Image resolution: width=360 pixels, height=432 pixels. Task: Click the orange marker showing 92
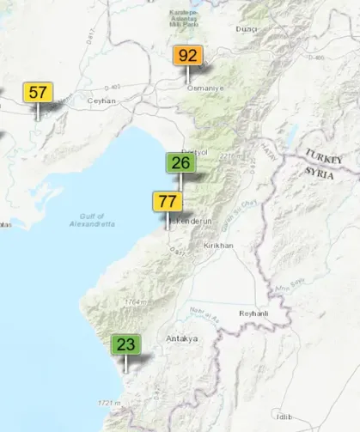(x=188, y=57)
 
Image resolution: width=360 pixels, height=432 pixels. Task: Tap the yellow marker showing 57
(x=38, y=92)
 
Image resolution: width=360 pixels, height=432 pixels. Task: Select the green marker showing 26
(x=180, y=162)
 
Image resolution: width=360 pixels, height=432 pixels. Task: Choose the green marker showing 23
(x=126, y=345)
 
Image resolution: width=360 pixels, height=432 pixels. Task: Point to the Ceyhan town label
(x=101, y=100)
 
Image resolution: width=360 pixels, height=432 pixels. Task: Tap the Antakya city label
(x=182, y=338)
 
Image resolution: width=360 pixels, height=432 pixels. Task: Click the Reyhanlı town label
(x=253, y=313)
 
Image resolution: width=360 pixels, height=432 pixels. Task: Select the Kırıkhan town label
(x=216, y=246)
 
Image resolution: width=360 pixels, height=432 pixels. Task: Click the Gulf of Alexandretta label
(x=92, y=220)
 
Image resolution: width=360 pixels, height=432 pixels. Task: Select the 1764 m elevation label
(x=132, y=302)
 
